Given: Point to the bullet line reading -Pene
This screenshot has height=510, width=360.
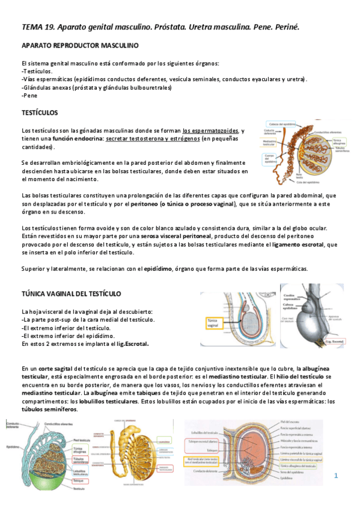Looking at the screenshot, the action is [28, 96].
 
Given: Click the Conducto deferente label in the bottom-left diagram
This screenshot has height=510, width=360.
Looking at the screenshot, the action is [13, 425].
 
